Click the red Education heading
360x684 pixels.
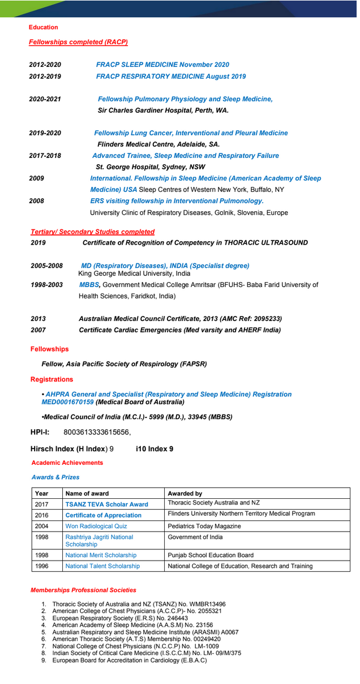coord(44,27)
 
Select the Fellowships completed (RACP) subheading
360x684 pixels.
coord(78,42)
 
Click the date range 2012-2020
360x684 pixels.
coord(45,65)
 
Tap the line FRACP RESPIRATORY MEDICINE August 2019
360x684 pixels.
coord(171,76)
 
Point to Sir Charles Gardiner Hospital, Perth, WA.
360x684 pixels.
coord(163,110)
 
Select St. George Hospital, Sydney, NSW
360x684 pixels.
coord(150,167)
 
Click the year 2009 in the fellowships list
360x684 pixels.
coord(36,178)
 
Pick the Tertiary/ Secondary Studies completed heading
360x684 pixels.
coord(92,232)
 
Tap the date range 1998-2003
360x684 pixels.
coord(46,284)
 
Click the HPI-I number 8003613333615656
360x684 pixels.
coord(97,432)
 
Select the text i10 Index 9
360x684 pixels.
coord(155,449)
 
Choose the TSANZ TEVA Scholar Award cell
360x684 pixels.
coord(106,504)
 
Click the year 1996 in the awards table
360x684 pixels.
coord(42,566)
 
